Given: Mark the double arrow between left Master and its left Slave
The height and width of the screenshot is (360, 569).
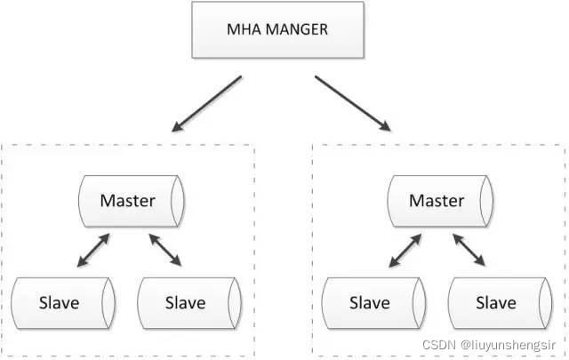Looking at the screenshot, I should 93,250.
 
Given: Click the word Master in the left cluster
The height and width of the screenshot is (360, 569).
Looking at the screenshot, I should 127,200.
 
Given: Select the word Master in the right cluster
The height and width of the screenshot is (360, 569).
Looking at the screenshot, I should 437,200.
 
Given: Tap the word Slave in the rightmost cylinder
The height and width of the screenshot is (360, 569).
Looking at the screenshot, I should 494,302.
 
